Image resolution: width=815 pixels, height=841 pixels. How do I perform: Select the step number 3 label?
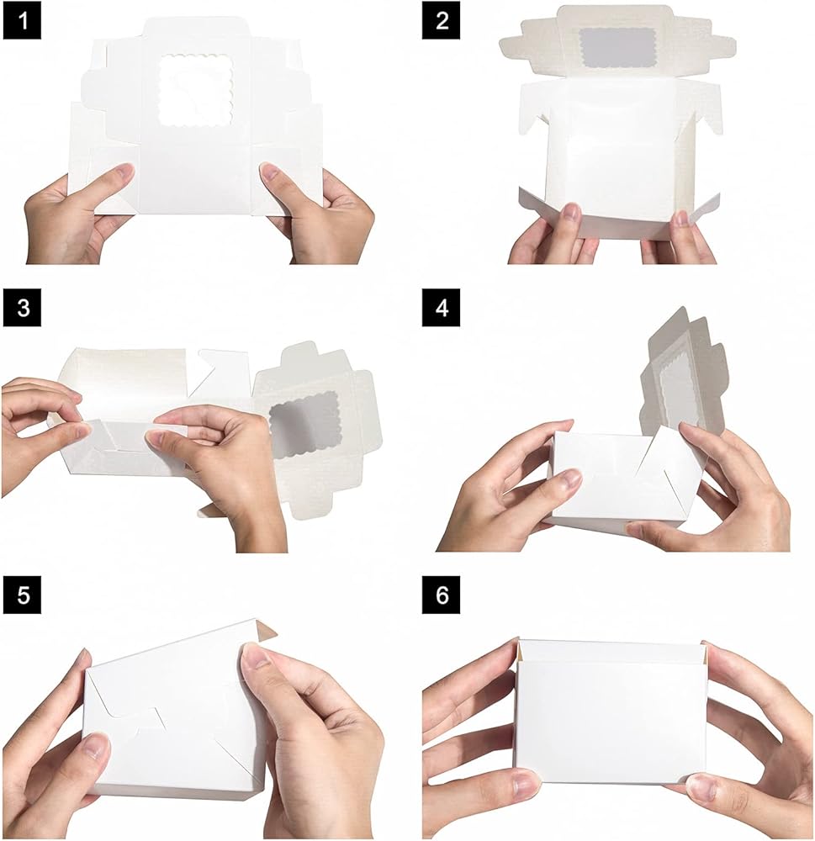click(x=22, y=308)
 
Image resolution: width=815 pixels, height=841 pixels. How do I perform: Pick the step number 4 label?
click(x=441, y=308)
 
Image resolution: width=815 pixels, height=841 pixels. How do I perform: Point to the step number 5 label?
click(x=22, y=595)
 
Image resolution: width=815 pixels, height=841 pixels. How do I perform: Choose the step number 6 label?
click(x=441, y=595)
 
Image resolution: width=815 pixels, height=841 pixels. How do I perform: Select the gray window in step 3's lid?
click(x=305, y=426)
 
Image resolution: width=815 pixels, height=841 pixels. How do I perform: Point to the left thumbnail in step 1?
click(x=125, y=172)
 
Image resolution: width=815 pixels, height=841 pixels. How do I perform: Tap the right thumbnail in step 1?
click(x=268, y=172)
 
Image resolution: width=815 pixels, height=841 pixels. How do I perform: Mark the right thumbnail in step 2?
click(x=681, y=218)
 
